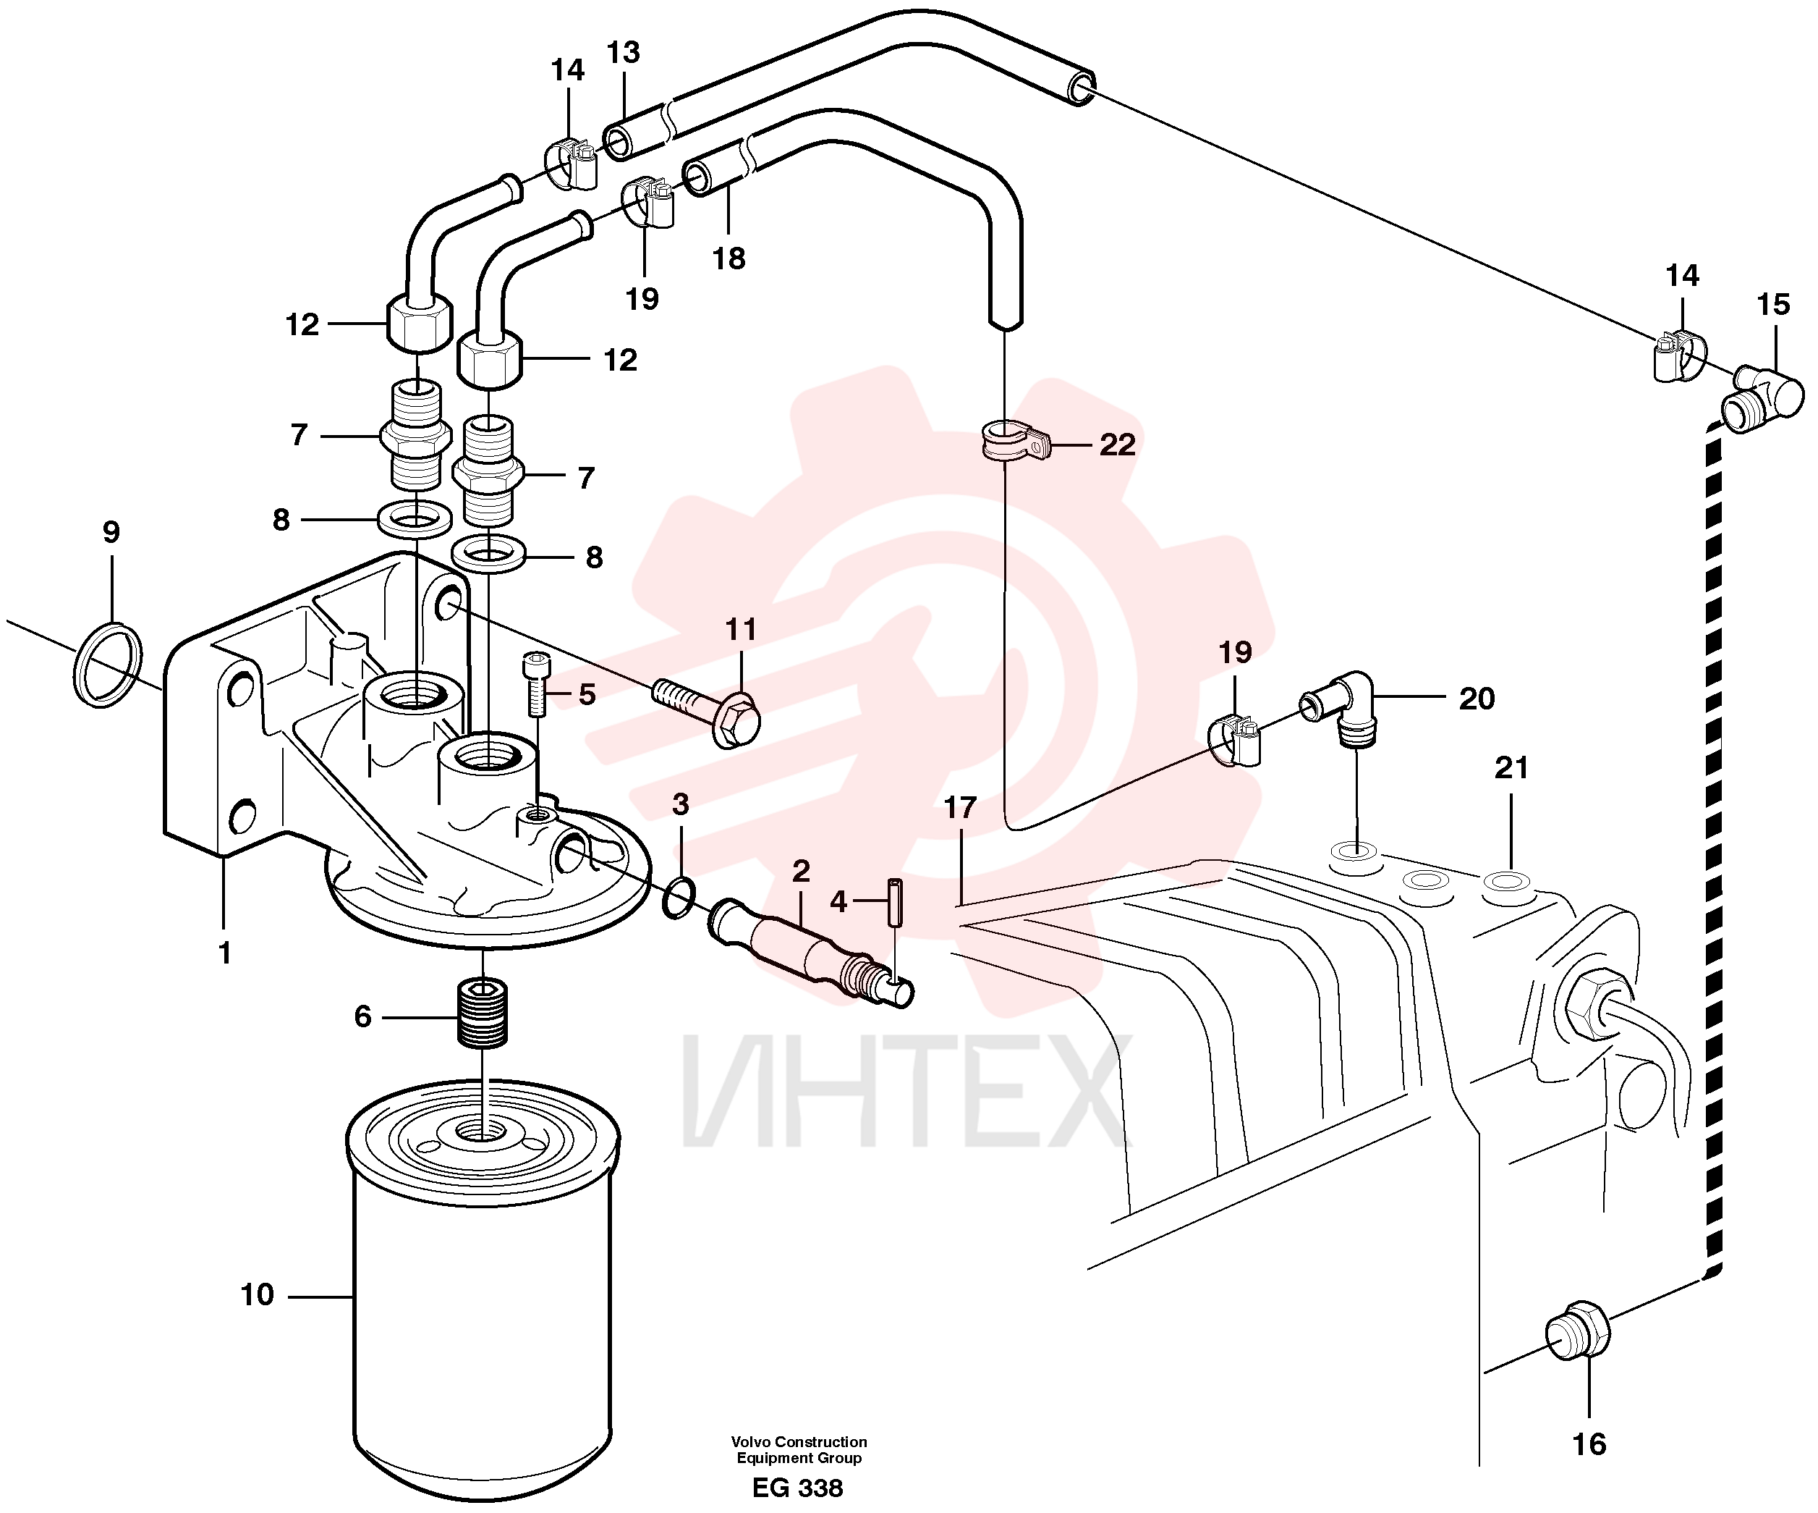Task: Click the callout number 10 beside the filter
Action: click(x=257, y=1295)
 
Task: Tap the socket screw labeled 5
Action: click(x=536, y=683)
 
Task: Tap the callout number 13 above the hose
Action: click(x=624, y=53)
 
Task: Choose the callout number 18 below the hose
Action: click(x=729, y=258)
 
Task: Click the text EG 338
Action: click(x=797, y=1488)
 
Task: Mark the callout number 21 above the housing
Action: click(x=1511, y=767)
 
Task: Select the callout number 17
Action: click(x=960, y=807)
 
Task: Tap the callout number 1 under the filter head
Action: click(x=225, y=953)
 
